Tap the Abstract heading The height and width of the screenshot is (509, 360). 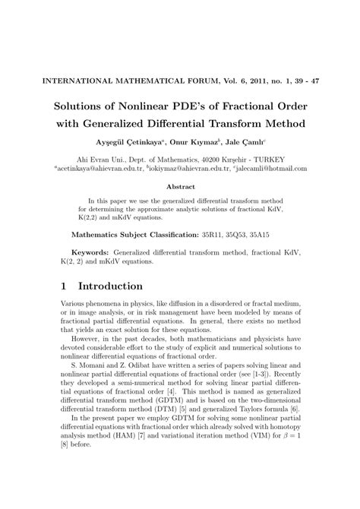coord(180,185)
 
